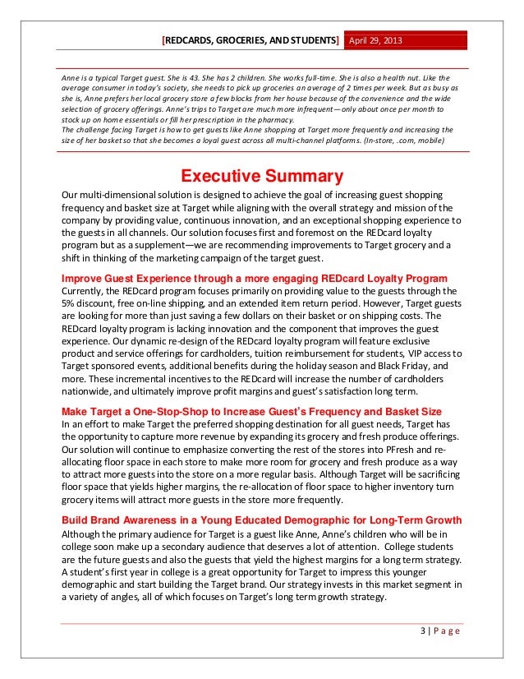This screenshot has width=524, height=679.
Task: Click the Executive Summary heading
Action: (x=261, y=176)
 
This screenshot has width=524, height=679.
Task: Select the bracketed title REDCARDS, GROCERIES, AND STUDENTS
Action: (x=251, y=39)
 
